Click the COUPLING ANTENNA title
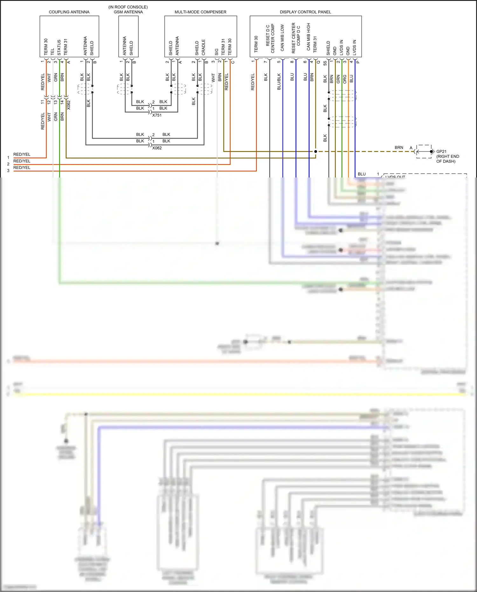pyautogui.click(x=69, y=12)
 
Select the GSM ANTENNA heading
pyautogui.click(x=128, y=12)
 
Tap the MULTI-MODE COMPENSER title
pyautogui.click(x=200, y=12)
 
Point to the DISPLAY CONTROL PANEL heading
pyautogui.click(x=305, y=12)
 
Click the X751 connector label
pyautogui.click(x=157, y=115)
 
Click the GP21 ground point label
pyautogui.click(x=441, y=151)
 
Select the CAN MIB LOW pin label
pyautogui.click(x=282, y=38)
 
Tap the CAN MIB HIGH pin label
pyautogui.click(x=308, y=37)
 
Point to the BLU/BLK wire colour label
pyautogui.click(x=279, y=82)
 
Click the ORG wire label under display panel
pyautogui.click(x=345, y=79)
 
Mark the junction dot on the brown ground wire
pyautogui.click(x=315, y=151)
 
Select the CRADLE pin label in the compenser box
pyautogui.click(x=203, y=47)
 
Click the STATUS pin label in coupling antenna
pyautogui.click(x=59, y=47)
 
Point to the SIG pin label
pyautogui.click(x=217, y=52)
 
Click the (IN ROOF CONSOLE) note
pyautogui.click(x=128, y=7)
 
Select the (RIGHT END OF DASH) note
pyautogui.click(x=447, y=159)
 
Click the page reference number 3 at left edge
pyautogui.click(x=8, y=171)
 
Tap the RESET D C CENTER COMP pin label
pyautogui.click(x=270, y=38)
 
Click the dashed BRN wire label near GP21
pyautogui.click(x=399, y=148)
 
